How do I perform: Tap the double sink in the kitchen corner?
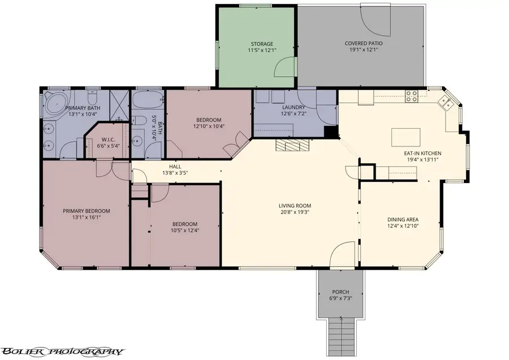tap(447, 102)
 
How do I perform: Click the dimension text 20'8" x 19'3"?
tap(295, 212)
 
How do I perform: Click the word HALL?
tap(175, 166)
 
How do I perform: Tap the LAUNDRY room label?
tap(294, 107)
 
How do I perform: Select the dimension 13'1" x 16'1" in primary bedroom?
tap(86, 218)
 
